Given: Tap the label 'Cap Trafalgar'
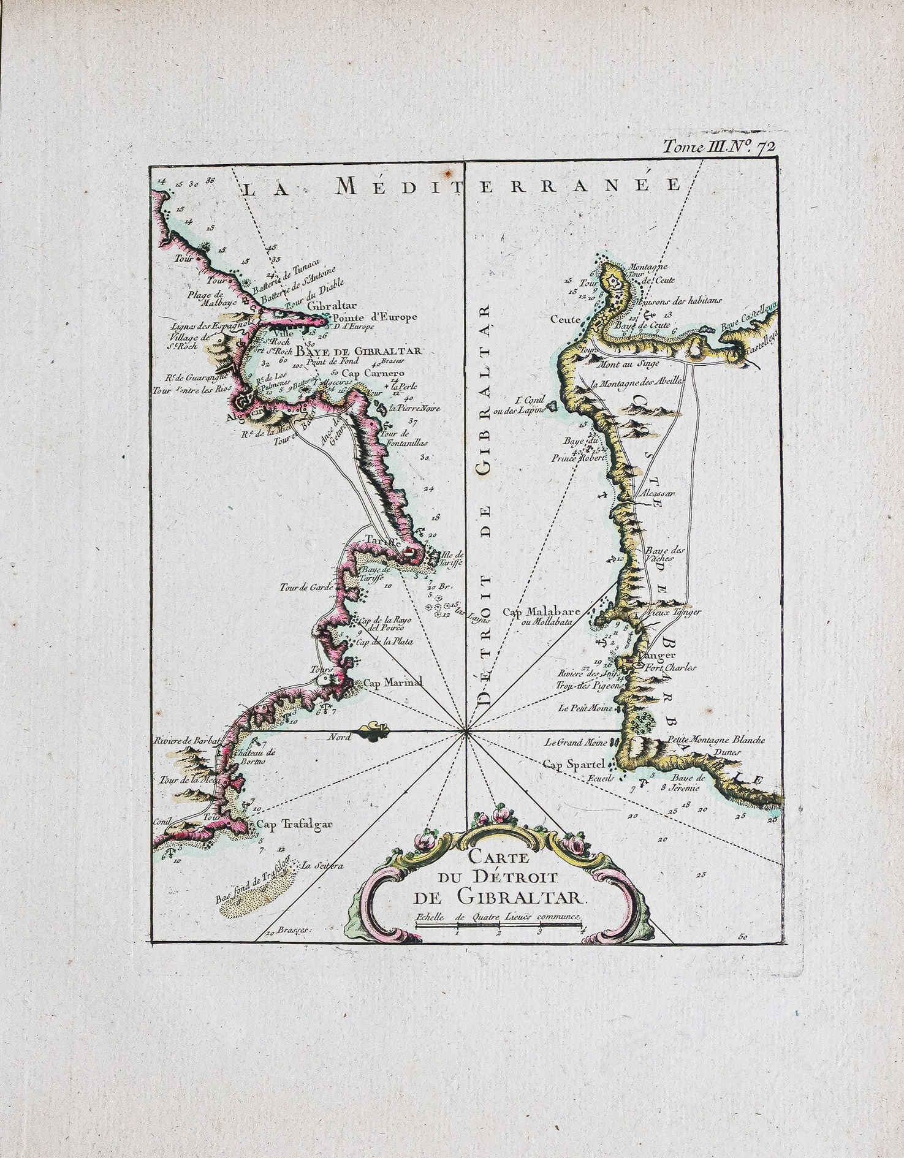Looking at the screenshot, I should pos(294,824).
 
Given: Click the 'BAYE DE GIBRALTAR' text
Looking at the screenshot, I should pos(359,351).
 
